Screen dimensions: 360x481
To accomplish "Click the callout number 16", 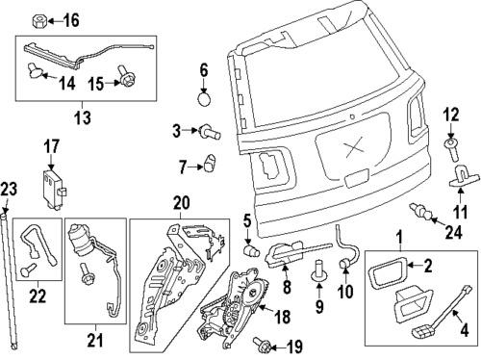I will coord(73,19).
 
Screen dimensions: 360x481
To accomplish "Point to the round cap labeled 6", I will coord(203,97).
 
